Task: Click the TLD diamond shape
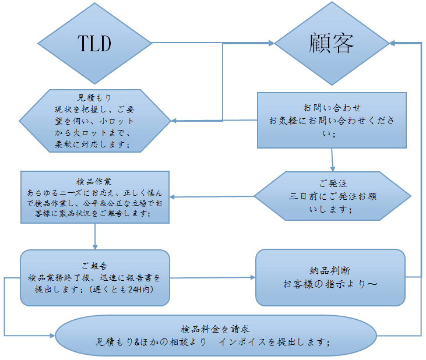click(x=94, y=43)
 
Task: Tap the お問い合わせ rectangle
click(x=332, y=121)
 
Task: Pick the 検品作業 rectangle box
click(x=94, y=197)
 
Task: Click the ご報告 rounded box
click(x=94, y=278)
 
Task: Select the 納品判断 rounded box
click(x=330, y=277)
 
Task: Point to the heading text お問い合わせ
click(x=332, y=108)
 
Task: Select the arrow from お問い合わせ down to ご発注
click(x=332, y=160)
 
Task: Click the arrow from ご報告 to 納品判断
click(x=213, y=278)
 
